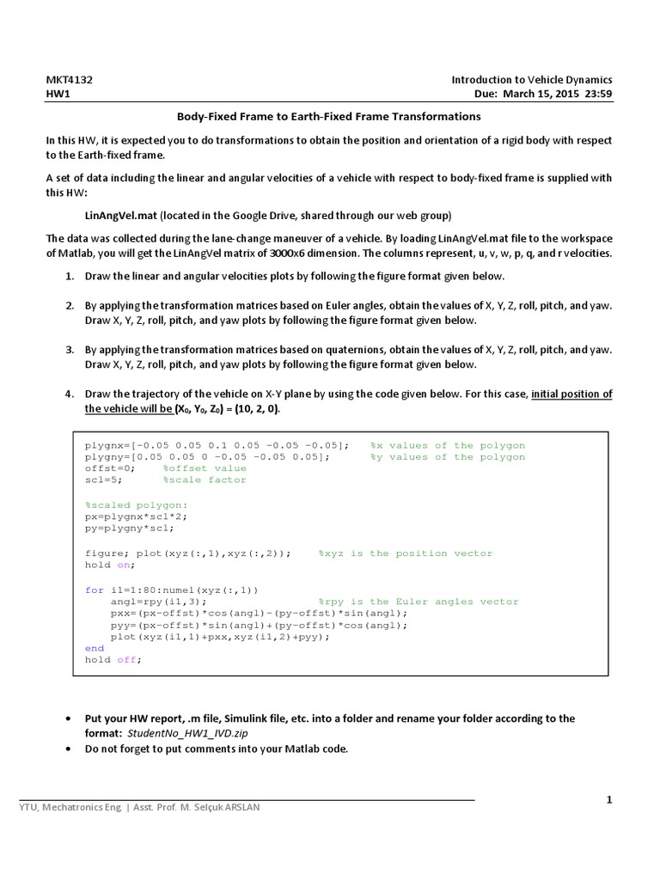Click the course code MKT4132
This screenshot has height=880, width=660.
[70, 80]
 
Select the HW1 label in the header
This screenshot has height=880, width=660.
[58, 95]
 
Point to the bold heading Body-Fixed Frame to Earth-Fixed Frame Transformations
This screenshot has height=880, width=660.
[329, 116]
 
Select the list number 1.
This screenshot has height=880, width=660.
[69, 276]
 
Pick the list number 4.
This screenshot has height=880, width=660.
[69, 394]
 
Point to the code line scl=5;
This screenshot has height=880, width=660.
[105, 480]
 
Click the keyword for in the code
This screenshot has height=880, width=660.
[94, 590]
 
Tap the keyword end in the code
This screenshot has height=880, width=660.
[94, 648]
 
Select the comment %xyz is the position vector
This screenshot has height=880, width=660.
[419, 553]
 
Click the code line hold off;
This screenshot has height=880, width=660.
[112, 660]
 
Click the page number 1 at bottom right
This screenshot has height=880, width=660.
[608, 800]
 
